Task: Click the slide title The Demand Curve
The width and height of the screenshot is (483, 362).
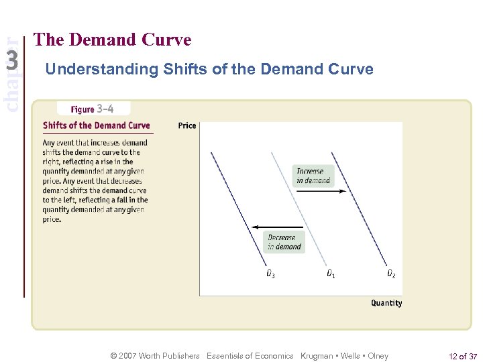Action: [112, 40]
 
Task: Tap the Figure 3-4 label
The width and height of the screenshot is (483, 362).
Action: [93, 109]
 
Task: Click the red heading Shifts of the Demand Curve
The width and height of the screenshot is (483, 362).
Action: [96, 125]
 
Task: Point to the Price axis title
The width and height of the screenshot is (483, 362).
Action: [187, 125]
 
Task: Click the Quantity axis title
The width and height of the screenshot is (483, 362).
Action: [386, 303]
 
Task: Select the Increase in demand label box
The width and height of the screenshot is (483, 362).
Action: [313, 176]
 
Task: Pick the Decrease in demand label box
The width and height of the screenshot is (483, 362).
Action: [284, 242]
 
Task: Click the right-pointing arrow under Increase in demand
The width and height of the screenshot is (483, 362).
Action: [321, 191]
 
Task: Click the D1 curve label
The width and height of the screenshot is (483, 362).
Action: [331, 274]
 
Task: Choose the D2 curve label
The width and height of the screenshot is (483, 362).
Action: [391, 274]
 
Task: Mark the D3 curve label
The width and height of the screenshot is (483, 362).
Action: [270, 274]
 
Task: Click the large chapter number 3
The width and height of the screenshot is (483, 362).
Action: [11, 62]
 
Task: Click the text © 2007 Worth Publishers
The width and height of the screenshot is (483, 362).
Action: [155, 356]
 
